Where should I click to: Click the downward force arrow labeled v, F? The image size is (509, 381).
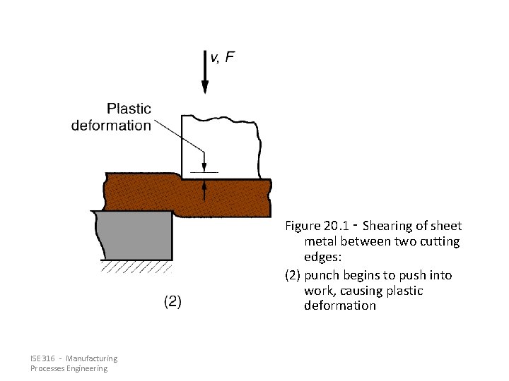tap(205, 74)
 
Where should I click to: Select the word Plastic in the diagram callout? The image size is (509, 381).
tap(129, 109)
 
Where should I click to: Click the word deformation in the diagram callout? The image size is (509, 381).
tap(112, 126)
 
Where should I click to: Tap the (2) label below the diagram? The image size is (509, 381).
tap(172, 302)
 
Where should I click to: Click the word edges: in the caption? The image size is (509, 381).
tap(322, 258)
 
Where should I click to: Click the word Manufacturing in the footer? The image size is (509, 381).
tap(94, 359)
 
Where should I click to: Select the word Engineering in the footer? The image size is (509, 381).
tap(88, 369)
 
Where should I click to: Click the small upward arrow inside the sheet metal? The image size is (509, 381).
tap(204, 189)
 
